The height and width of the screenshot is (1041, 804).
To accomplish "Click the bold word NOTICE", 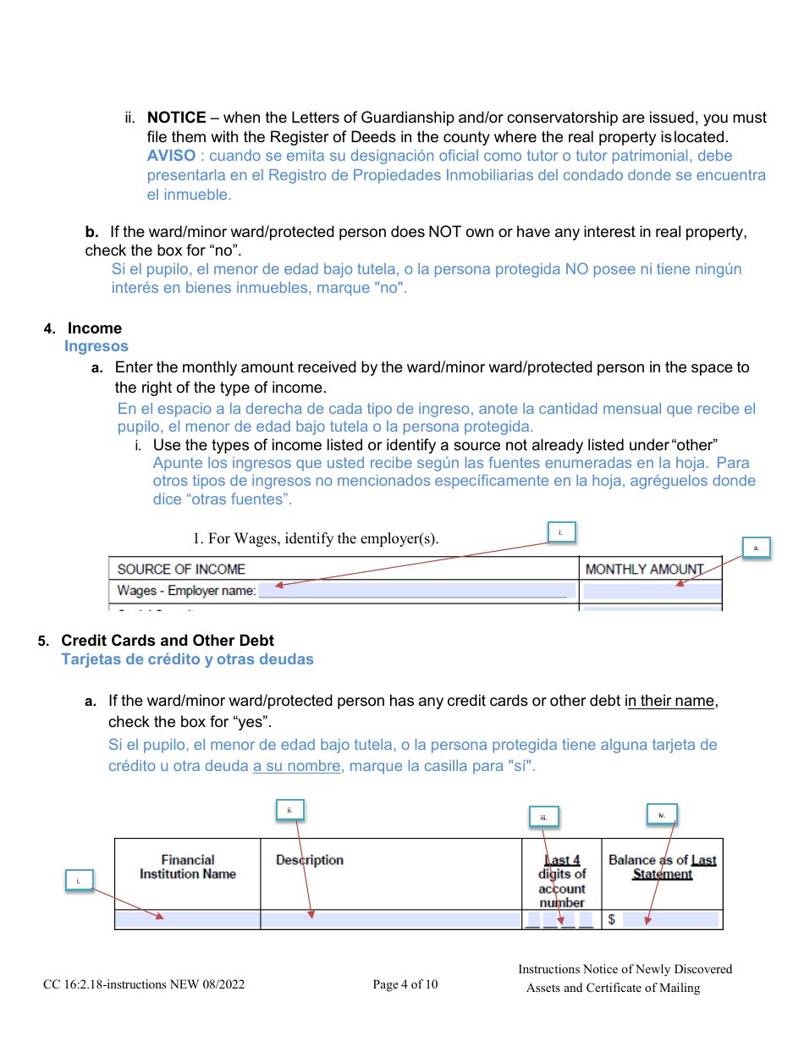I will coord(176,118).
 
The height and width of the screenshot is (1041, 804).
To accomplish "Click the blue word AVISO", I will coord(171,156).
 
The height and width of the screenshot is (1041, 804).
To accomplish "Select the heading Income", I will coord(95,328).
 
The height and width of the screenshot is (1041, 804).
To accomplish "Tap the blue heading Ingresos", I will coord(96,346).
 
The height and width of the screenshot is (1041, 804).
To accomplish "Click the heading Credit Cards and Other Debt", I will coord(168,641).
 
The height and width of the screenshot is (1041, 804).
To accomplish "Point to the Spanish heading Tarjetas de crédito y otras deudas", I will coord(187,659).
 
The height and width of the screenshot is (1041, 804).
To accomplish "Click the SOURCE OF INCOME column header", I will coord(181,570).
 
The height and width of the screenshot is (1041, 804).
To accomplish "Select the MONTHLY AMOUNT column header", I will coord(644,570).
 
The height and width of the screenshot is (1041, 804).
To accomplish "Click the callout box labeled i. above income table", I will coord(561,532).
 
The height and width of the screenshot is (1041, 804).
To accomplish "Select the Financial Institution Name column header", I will coord(188,867).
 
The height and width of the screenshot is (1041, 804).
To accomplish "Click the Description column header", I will coord(310,860).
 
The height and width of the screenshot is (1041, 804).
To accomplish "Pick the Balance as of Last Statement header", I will coord(662,867).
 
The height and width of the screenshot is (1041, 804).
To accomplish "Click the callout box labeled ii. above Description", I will coord(289,810).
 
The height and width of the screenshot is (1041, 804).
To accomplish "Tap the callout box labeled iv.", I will coord(662,816).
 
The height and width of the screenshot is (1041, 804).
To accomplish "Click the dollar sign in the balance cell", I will coord(612,920).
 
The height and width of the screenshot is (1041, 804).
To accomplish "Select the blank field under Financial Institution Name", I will coord(187,920).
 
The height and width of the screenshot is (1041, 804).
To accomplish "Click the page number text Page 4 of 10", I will coord(405,984).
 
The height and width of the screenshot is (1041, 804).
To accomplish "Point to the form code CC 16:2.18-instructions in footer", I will coord(144,984).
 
